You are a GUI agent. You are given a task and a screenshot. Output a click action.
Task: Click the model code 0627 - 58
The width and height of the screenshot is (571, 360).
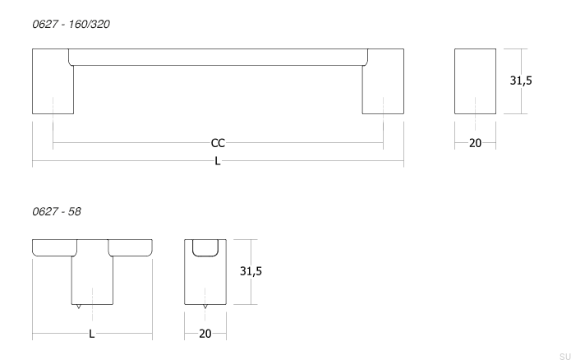[x=56, y=212]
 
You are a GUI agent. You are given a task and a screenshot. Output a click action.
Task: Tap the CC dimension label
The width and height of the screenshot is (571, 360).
[x=218, y=143]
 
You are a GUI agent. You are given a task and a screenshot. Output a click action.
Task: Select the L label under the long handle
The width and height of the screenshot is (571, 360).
[x=218, y=161]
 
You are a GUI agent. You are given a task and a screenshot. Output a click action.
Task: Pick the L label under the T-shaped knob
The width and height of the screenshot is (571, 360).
[x=91, y=334]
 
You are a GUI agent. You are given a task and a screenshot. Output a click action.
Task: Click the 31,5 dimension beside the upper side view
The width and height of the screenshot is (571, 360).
[x=521, y=81]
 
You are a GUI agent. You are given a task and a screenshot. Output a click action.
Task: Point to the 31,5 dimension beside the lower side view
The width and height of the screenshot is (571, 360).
[x=251, y=270]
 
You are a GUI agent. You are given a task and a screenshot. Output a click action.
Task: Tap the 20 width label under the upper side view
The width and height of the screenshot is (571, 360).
[x=475, y=143]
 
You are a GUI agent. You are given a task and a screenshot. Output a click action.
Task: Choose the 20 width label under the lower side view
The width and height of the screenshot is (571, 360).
[x=205, y=334]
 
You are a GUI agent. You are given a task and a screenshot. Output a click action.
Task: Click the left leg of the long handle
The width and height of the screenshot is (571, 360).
[x=53, y=82]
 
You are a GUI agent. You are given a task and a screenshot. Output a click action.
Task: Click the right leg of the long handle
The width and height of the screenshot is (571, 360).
[x=383, y=82]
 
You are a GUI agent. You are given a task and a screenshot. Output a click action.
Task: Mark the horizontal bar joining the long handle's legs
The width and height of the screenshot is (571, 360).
[x=218, y=57]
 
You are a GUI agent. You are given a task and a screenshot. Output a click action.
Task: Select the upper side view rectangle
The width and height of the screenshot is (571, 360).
[x=475, y=81]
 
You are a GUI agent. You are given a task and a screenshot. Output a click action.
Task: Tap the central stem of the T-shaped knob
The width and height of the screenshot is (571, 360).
[x=91, y=275]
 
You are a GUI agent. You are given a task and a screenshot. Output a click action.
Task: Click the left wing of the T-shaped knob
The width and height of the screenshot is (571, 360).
[x=53, y=247]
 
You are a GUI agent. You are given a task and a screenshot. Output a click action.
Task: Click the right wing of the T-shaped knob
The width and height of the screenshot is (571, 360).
[x=130, y=247]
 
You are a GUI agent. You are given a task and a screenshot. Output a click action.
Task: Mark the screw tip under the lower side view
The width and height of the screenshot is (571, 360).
[x=205, y=307]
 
